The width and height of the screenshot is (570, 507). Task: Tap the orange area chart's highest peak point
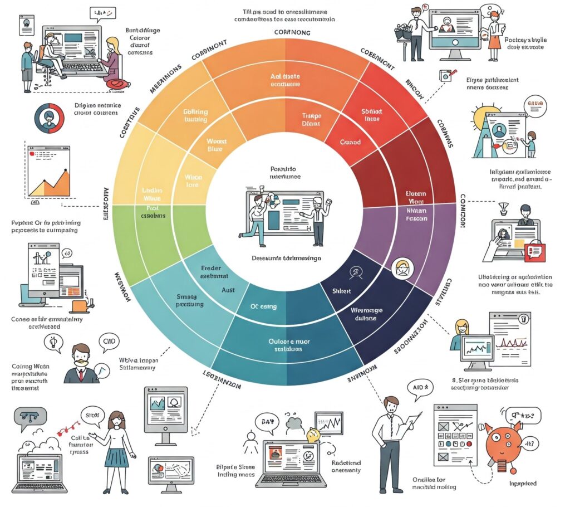(66, 169)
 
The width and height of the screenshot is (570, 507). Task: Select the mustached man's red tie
(81, 373)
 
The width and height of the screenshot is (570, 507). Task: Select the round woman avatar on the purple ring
(402, 269)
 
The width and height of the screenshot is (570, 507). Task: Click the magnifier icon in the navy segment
(354, 272)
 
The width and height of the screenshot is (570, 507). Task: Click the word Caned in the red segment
(350, 142)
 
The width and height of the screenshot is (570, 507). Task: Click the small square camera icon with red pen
(446, 76)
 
